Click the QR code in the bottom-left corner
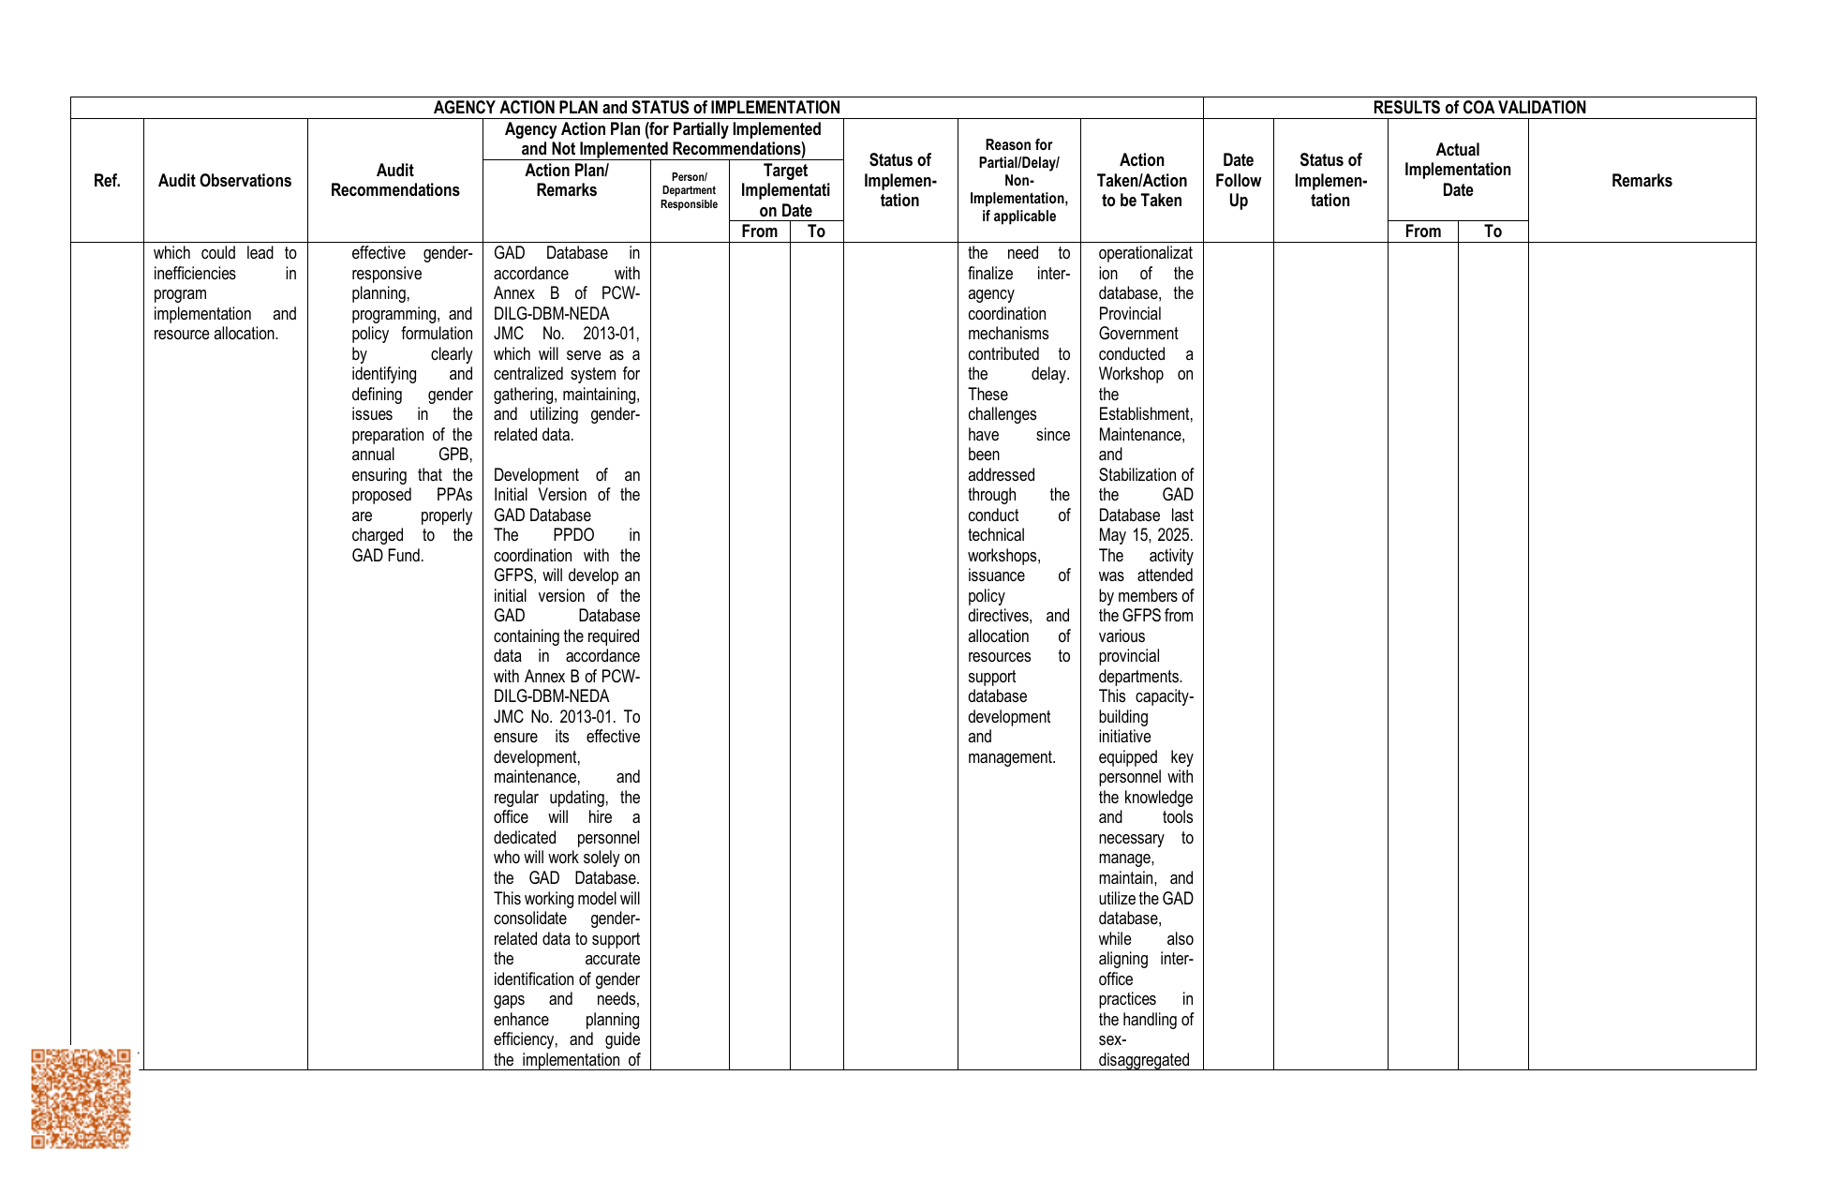[x=81, y=1098]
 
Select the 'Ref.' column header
[x=107, y=181]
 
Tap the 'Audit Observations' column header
[x=225, y=181]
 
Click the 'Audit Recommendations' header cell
[x=394, y=181]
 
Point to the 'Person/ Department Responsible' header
[x=689, y=190]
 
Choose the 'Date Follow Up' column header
[x=1238, y=181]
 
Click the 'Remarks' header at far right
[x=1641, y=181]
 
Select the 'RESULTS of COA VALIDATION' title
[x=1479, y=108]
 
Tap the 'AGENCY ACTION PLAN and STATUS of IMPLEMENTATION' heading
[x=636, y=108]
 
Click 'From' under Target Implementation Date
[x=759, y=232]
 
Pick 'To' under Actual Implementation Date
[x=1493, y=232]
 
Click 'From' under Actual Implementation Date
[x=1422, y=232]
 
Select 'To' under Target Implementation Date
[x=816, y=232]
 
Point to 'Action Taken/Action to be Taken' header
[x=1141, y=181]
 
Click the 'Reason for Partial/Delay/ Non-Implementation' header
[x=1018, y=181]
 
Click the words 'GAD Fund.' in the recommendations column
[x=388, y=556]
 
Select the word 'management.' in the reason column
[x=1011, y=757]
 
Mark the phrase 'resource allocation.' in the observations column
[x=215, y=334]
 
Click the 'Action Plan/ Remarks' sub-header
[x=566, y=181]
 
